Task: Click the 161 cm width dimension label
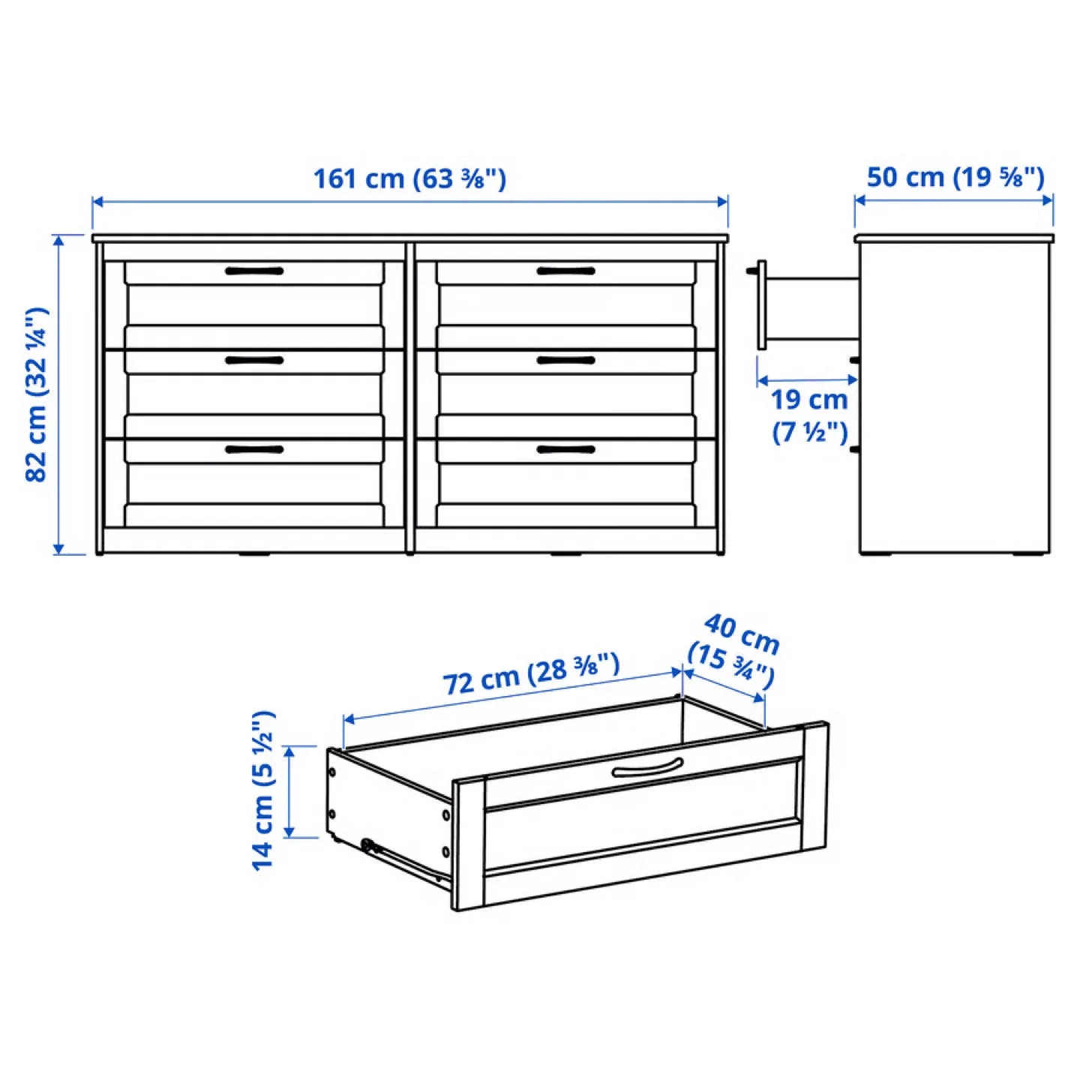[x=409, y=178]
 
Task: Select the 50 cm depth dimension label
[x=955, y=177]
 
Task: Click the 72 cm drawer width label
[x=530, y=673]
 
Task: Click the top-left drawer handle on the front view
[x=254, y=271]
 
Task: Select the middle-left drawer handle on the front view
[x=254, y=360]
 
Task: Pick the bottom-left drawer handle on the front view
[x=254, y=449]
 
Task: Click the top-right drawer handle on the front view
[x=565, y=271]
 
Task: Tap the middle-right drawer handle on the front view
[x=565, y=360]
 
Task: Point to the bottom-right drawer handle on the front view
[x=565, y=449]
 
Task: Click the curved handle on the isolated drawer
[x=646, y=768]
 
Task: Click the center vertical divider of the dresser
[x=409, y=397]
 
